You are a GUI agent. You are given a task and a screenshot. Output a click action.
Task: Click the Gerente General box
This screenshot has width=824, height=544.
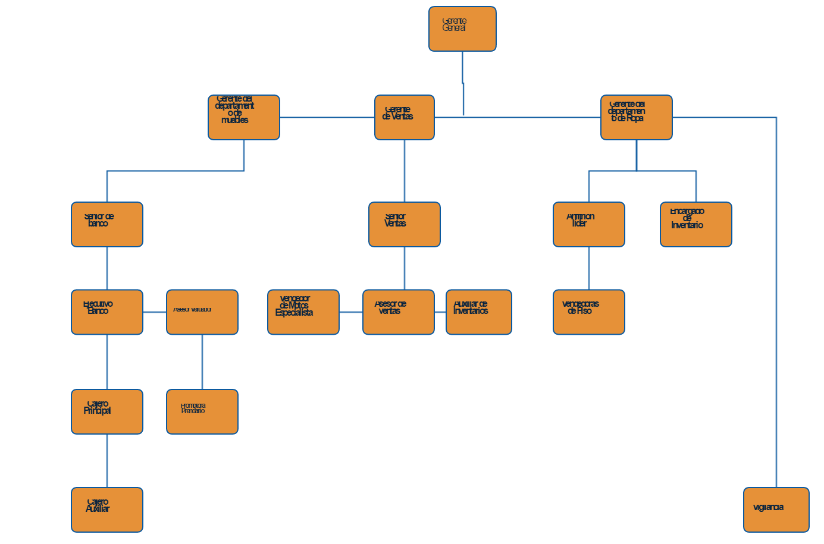pyautogui.click(x=462, y=29)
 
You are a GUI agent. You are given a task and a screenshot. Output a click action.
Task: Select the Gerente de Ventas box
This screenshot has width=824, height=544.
pyautogui.click(x=405, y=118)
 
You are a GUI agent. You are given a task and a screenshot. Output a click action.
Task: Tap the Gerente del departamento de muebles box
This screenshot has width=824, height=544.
pyautogui.click(x=244, y=118)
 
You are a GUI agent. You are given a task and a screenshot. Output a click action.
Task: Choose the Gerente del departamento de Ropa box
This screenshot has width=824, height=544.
pyautogui.click(x=637, y=118)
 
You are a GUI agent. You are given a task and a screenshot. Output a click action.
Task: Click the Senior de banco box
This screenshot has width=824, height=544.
pyautogui.click(x=107, y=225)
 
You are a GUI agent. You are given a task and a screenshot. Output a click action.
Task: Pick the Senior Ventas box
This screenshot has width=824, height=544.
pyautogui.click(x=405, y=225)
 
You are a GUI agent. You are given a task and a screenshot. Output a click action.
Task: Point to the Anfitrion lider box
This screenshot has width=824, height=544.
pyautogui.click(x=589, y=225)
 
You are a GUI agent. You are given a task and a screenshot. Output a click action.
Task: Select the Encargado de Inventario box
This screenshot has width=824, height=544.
pyautogui.click(x=696, y=225)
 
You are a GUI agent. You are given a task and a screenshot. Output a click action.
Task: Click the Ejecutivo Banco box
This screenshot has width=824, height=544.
pyautogui.click(x=107, y=312)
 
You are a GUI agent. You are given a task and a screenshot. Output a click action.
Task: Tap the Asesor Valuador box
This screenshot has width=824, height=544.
pyautogui.click(x=202, y=312)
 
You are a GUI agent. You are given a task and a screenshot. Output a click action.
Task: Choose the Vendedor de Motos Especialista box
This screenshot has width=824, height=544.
pyautogui.click(x=303, y=312)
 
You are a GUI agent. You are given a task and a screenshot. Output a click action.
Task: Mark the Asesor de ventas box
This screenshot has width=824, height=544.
pyautogui.click(x=399, y=312)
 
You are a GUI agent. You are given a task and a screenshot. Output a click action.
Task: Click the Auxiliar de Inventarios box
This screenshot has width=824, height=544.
pyautogui.click(x=479, y=312)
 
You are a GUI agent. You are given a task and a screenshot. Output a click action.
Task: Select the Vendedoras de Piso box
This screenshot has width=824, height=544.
pyautogui.click(x=589, y=312)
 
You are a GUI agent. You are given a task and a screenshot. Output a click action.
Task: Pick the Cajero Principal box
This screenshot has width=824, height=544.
pyautogui.click(x=107, y=412)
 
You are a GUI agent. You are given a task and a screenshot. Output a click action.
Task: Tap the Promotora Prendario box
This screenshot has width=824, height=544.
pyautogui.click(x=202, y=412)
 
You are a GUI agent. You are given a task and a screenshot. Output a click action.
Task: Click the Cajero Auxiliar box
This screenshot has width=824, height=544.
pyautogui.click(x=107, y=510)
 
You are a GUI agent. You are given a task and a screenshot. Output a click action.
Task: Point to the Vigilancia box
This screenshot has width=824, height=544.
pyautogui.click(x=776, y=510)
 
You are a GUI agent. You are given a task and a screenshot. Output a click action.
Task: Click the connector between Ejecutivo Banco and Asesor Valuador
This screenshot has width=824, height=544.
pyautogui.click(x=155, y=312)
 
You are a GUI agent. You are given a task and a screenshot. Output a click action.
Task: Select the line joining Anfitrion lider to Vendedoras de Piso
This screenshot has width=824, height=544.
pyautogui.click(x=589, y=268)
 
